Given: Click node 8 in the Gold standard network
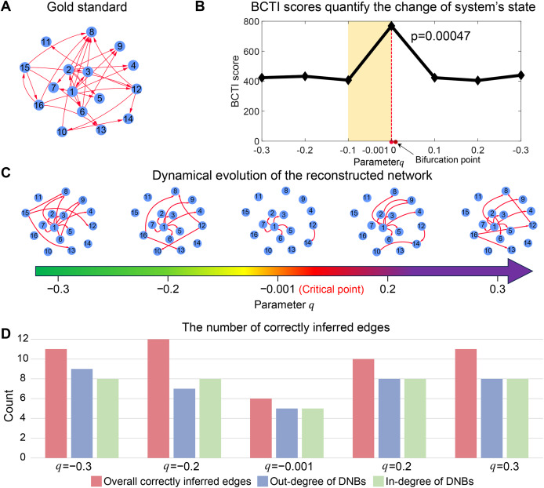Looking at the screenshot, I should [x=92, y=32].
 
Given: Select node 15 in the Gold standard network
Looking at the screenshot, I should [x=25, y=67].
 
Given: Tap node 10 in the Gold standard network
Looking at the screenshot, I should [x=62, y=130].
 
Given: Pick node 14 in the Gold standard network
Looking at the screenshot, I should [x=129, y=118].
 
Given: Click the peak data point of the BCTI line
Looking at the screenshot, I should [x=391, y=26].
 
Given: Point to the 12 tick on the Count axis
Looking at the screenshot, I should [x=24, y=339].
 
